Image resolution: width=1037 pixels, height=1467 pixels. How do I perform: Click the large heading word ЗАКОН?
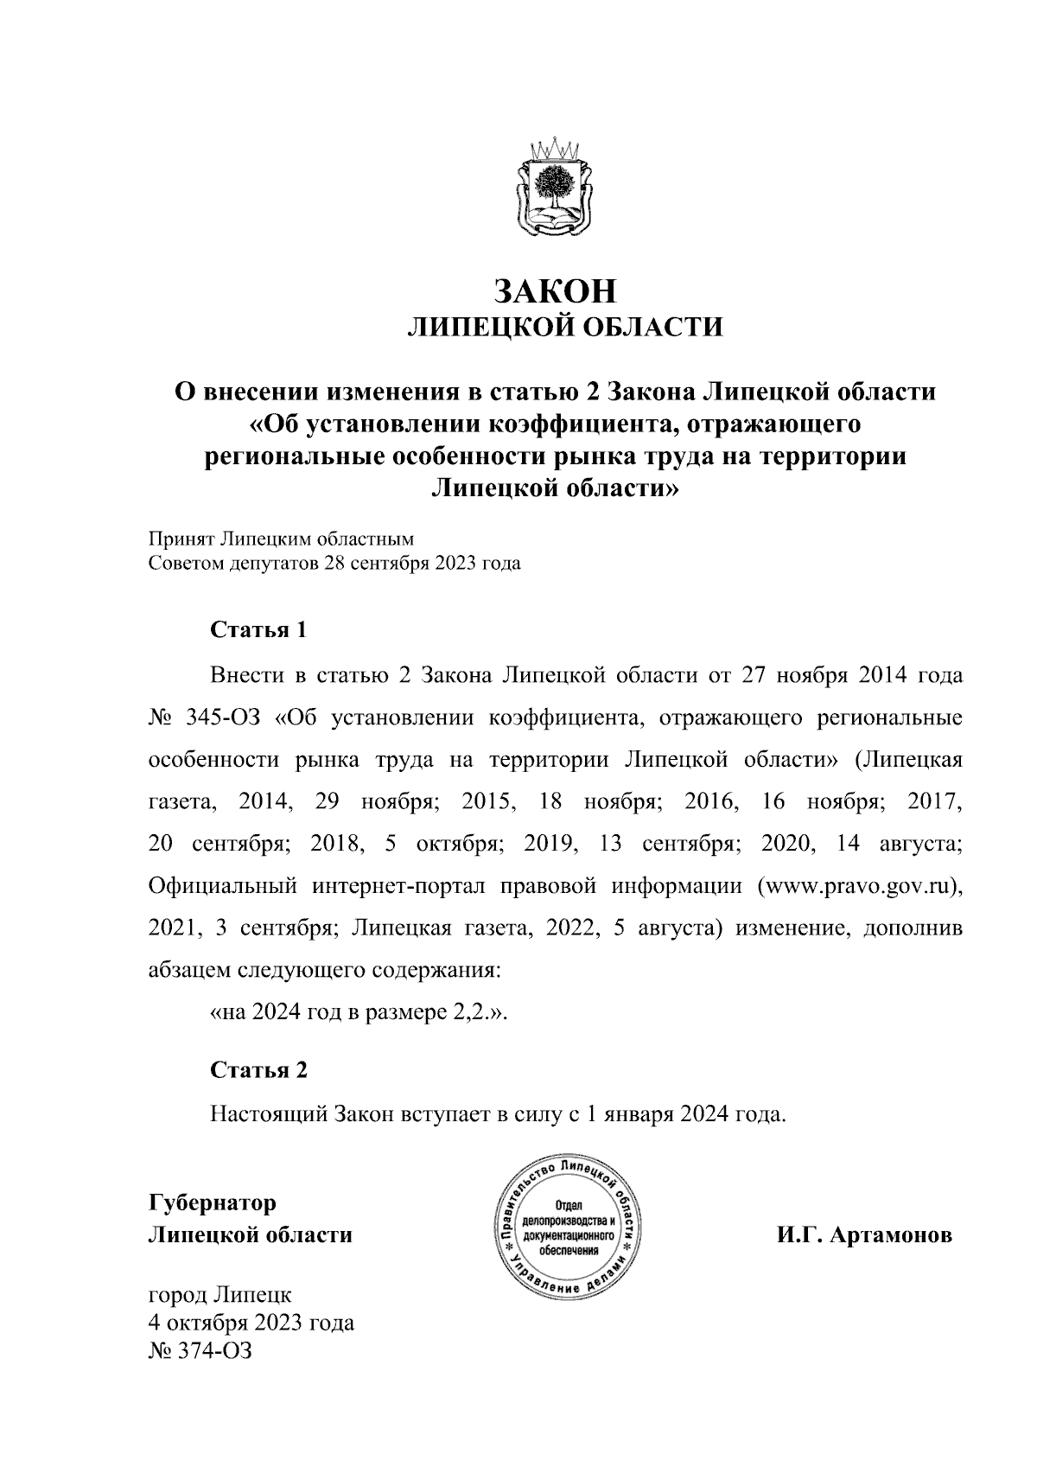[x=556, y=291]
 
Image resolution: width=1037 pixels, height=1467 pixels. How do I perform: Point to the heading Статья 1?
[x=259, y=629]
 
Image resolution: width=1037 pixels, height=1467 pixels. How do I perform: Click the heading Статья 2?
[x=259, y=1070]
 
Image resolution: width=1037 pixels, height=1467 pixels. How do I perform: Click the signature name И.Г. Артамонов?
[x=863, y=1235]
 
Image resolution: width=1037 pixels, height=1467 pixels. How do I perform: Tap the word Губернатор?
[x=213, y=1203]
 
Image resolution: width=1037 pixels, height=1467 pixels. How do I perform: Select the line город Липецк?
[x=220, y=1296]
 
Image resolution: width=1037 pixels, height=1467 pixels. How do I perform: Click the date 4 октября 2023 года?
[x=251, y=1323]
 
